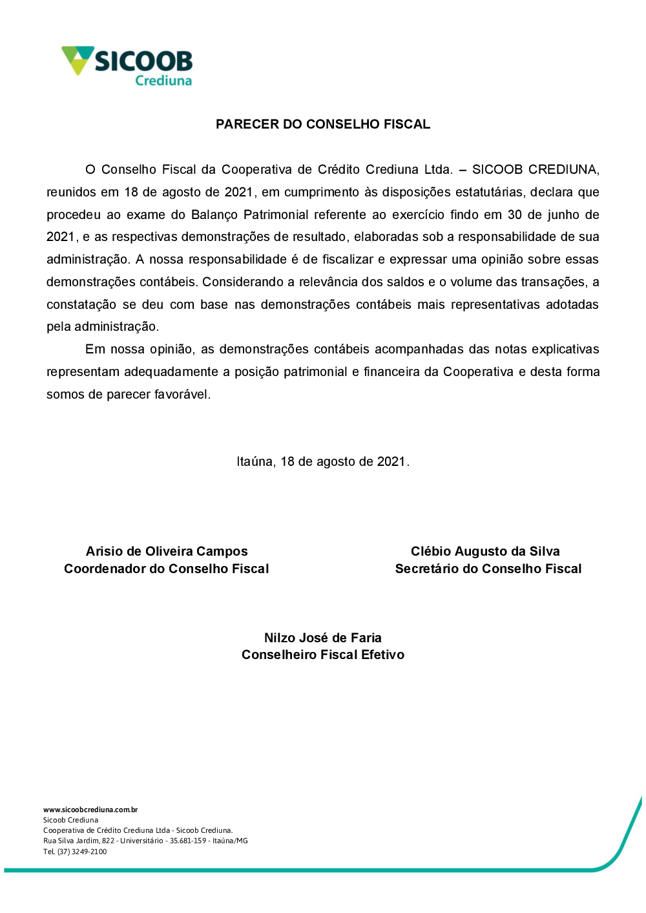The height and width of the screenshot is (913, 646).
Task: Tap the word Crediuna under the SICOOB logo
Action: tap(163, 81)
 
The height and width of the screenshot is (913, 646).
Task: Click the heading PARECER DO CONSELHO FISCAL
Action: tap(323, 124)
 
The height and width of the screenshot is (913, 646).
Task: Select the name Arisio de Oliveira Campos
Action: tap(167, 551)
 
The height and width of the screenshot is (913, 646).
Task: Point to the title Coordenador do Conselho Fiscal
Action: tap(167, 569)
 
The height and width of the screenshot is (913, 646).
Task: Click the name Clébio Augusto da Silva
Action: tap(485, 551)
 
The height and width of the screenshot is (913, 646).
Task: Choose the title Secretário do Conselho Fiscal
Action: tap(488, 569)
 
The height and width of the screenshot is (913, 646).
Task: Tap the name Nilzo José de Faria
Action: tap(323, 638)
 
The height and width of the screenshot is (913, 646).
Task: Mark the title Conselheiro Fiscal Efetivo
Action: tap(323, 655)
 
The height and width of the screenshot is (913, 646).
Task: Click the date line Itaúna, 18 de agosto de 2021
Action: tap(323, 461)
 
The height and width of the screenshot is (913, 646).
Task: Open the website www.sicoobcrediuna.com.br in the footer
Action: tap(90, 810)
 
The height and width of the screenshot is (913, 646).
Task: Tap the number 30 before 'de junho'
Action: tap(514, 215)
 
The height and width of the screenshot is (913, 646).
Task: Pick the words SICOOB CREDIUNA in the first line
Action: tap(535, 169)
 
